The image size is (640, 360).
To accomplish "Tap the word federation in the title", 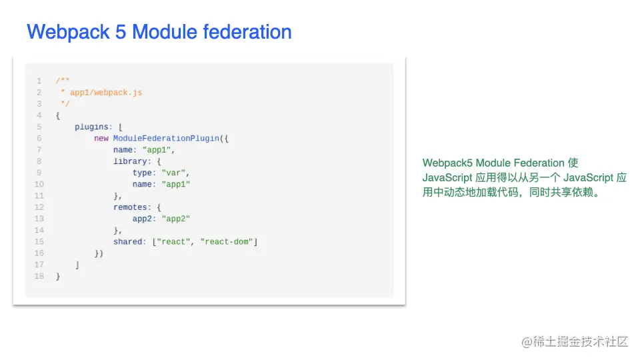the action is coord(250,32).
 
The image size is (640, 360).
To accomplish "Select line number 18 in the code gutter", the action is coord(39,276).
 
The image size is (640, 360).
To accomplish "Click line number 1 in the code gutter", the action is coord(39,81).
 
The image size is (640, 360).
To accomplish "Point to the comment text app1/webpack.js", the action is coord(105,93).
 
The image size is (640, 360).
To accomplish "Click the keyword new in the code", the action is coord(101,138).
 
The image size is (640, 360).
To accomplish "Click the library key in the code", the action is coord(129,161).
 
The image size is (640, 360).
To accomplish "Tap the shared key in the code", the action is coord(127,241).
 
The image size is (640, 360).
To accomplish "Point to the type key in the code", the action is coord(144,173).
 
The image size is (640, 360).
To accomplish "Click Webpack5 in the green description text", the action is coord(447,163).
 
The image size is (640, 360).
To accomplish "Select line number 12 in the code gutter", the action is coord(39,207).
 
